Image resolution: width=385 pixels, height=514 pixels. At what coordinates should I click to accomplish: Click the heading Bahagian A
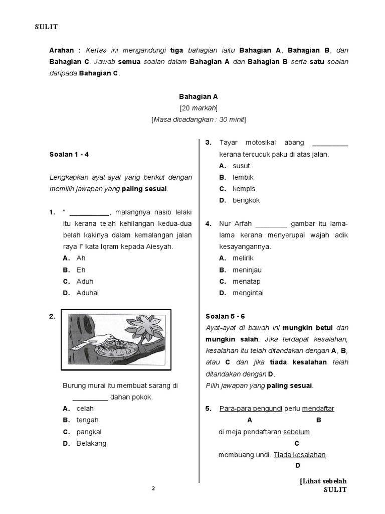click(199, 96)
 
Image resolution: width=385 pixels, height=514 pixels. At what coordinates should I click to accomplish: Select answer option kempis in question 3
click(244, 189)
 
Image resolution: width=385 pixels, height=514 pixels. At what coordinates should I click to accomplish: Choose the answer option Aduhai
click(87, 293)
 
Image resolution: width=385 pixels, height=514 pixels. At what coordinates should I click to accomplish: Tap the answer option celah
click(85, 409)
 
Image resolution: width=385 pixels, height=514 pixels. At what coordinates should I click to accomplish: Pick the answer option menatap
click(246, 282)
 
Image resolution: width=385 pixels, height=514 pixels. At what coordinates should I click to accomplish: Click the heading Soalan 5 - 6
click(226, 316)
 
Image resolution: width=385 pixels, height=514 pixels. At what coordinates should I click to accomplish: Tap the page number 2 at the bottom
click(153, 488)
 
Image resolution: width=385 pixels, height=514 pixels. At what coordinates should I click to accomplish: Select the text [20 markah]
click(199, 108)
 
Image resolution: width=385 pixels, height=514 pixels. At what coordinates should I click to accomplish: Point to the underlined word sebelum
click(296, 432)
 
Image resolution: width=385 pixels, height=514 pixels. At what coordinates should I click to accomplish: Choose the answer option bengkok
click(246, 200)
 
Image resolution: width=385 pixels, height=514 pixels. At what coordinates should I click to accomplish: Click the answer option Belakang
click(91, 443)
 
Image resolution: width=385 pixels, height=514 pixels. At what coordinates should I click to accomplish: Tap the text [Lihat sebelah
click(323, 481)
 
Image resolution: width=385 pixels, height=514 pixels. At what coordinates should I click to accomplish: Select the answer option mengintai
click(248, 293)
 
